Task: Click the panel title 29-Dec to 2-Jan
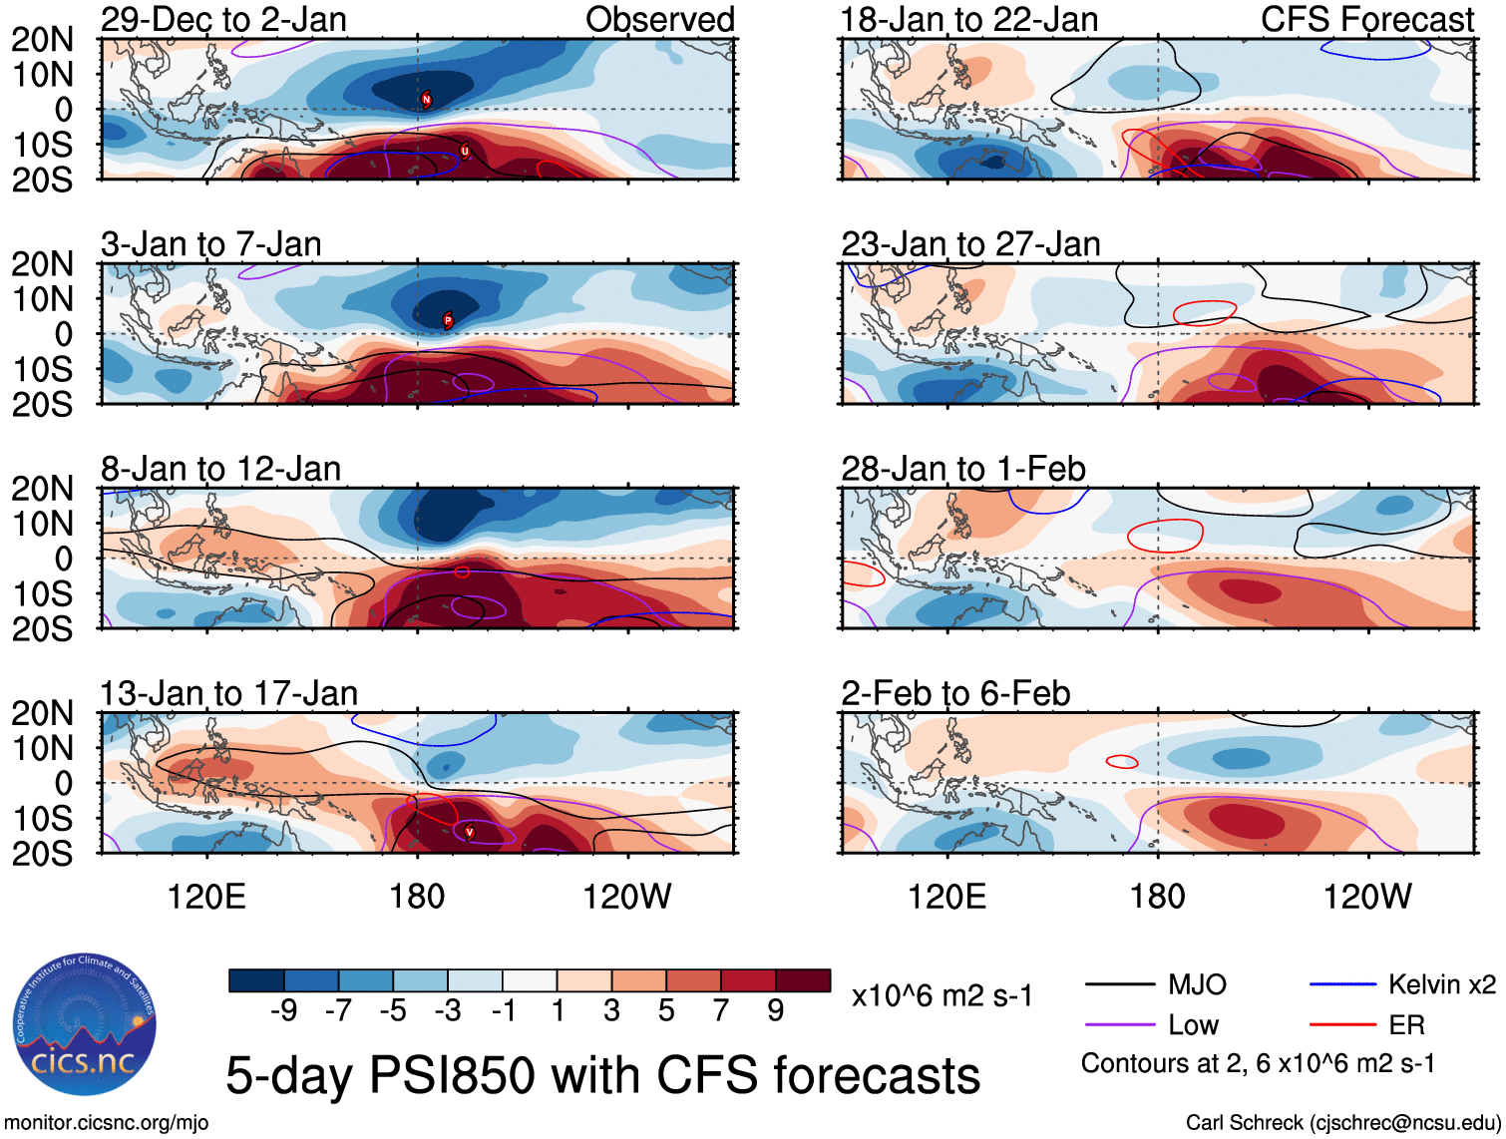coord(223,19)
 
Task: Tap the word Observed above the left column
coord(659,19)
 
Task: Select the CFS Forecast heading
coord(1366,19)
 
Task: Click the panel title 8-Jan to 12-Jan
coord(220,469)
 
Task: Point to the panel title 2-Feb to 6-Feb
coord(955,693)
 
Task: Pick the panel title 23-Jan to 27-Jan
coord(970,244)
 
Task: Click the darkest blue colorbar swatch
coord(256,980)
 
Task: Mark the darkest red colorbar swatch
coord(803,980)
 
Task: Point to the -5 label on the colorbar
coord(392,1011)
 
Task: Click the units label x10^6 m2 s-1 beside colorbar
coord(941,995)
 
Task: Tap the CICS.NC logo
coord(85,1024)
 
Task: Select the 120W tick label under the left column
coord(626,897)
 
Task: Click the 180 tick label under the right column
coord(1157,897)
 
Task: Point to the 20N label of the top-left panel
coord(42,40)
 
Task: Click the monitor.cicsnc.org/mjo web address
coord(107,1123)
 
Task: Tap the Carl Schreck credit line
coord(1342,1123)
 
